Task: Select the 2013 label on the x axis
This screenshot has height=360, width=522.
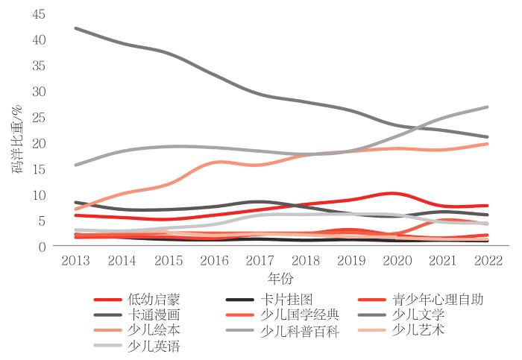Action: coord(78,262)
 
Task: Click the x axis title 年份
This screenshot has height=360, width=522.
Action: coord(281,278)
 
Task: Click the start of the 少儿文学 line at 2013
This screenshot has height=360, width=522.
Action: coord(77,28)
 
